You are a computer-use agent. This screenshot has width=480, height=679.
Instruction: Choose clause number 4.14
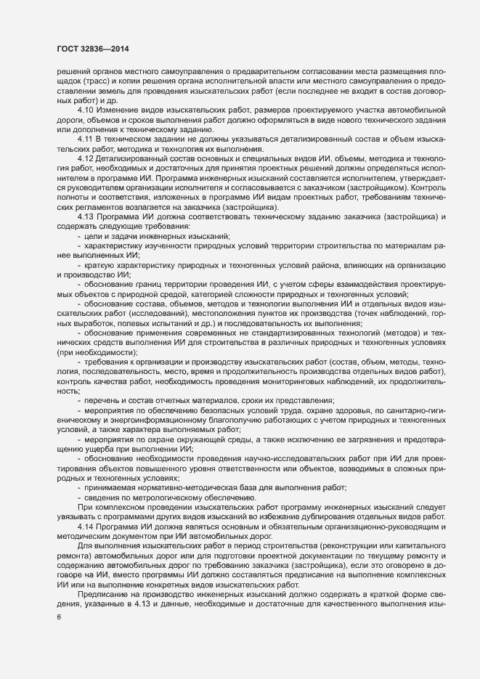pyautogui.click(x=86, y=524)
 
